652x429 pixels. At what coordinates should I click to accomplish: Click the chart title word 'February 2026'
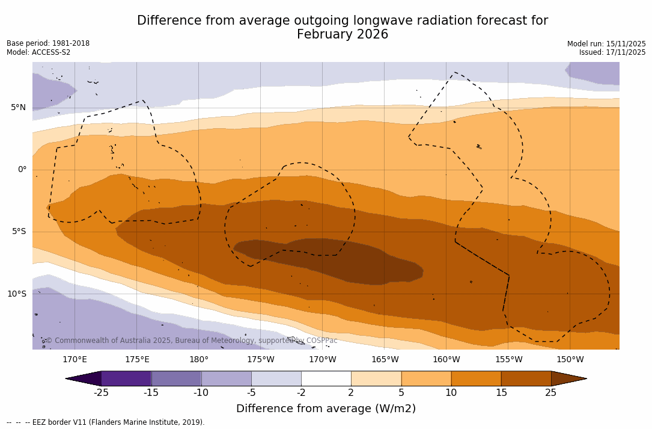[343, 35]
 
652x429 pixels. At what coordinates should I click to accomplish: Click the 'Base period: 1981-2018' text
[48, 43]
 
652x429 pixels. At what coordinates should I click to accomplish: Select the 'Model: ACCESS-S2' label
[38, 52]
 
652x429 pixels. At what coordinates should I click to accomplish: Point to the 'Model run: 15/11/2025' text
[606, 44]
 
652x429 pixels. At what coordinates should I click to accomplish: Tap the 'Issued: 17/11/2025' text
[612, 52]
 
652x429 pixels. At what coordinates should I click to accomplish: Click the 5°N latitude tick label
[18, 108]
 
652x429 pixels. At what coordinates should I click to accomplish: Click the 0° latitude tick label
[22, 170]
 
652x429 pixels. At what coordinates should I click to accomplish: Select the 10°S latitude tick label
[16, 294]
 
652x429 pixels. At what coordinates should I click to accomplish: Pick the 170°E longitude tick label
[75, 360]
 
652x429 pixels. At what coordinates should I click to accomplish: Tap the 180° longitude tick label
[198, 360]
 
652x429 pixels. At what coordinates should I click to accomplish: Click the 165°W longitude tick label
[385, 360]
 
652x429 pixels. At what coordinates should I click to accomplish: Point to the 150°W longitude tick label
[570, 360]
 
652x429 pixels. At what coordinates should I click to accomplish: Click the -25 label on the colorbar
[101, 393]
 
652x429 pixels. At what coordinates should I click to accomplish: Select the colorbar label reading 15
[501, 393]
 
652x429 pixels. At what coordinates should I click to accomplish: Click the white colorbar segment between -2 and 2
[326, 378]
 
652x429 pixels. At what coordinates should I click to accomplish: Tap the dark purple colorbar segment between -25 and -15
[126, 378]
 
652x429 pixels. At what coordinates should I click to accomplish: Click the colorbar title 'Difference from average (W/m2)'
[326, 409]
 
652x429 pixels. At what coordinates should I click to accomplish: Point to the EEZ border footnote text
[105, 422]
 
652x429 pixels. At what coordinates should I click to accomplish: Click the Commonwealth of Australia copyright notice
[191, 341]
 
